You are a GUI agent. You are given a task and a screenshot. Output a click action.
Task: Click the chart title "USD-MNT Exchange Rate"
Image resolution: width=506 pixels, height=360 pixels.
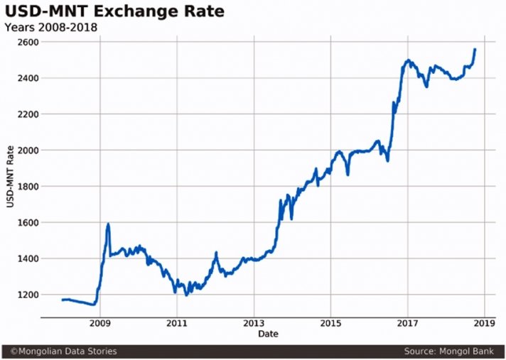[x=114, y=11]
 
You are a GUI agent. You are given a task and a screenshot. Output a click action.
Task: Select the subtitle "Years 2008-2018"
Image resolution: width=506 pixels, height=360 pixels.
[x=51, y=28]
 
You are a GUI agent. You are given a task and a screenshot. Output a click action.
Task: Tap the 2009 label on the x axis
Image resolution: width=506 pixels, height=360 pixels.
[x=100, y=323]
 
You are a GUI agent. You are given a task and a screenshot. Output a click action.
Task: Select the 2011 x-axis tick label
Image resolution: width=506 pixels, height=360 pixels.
[x=177, y=323]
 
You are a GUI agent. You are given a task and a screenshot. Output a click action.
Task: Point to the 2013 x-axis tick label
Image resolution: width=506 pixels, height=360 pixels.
[x=254, y=323]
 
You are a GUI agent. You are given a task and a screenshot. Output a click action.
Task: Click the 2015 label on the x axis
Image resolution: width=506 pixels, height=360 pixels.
[x=330, y=323]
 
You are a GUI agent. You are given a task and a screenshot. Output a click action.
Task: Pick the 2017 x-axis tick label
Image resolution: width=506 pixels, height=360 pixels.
[x=407, y=323]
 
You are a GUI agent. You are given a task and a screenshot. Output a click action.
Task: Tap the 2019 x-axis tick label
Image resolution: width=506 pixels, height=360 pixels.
[x=484, y=323]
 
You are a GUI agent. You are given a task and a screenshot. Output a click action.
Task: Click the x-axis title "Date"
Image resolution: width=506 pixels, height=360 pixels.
[x=268, y=333]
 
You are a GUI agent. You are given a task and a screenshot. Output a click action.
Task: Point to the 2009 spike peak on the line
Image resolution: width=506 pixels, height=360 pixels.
[x=108, y=224]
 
